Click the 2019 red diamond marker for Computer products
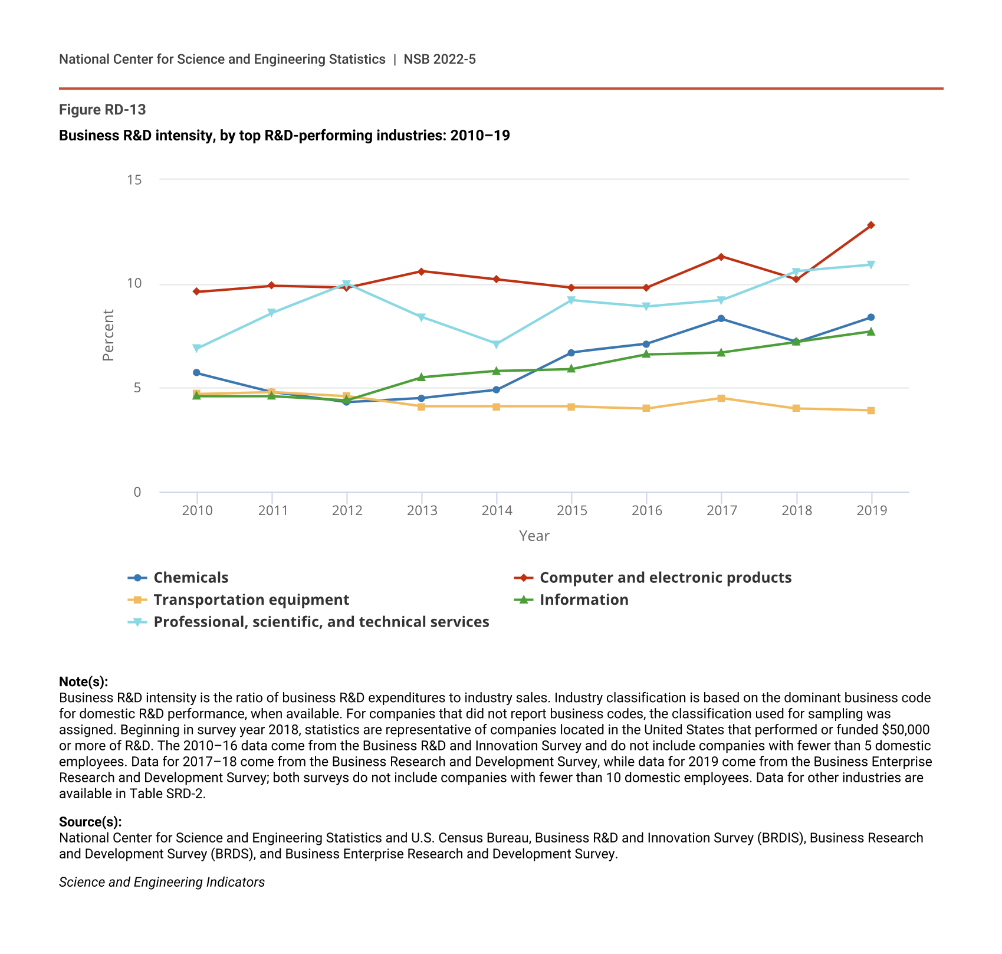click(871, 225)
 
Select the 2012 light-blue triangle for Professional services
click(347, 284)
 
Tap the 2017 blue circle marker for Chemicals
click(721, 319)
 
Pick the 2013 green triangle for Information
click(422, 377)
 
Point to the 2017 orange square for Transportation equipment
click(721, 398)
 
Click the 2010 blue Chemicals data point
click(196, 373)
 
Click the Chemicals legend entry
click(190, 578)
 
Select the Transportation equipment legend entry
click(251, 600)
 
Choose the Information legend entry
click(583, 600)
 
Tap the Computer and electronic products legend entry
click(665, 578)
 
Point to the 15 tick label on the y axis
click(134, 179)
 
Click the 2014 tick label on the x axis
click(497, 511)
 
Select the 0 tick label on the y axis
click(137, 492)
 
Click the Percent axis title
click(108, 335)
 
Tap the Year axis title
click(534, 536)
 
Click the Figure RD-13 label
click(103, 110)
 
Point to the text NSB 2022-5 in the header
click(439, 59)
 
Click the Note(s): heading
click(84, 682)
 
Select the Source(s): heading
click(90, 822)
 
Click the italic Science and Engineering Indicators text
click(162, 882)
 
